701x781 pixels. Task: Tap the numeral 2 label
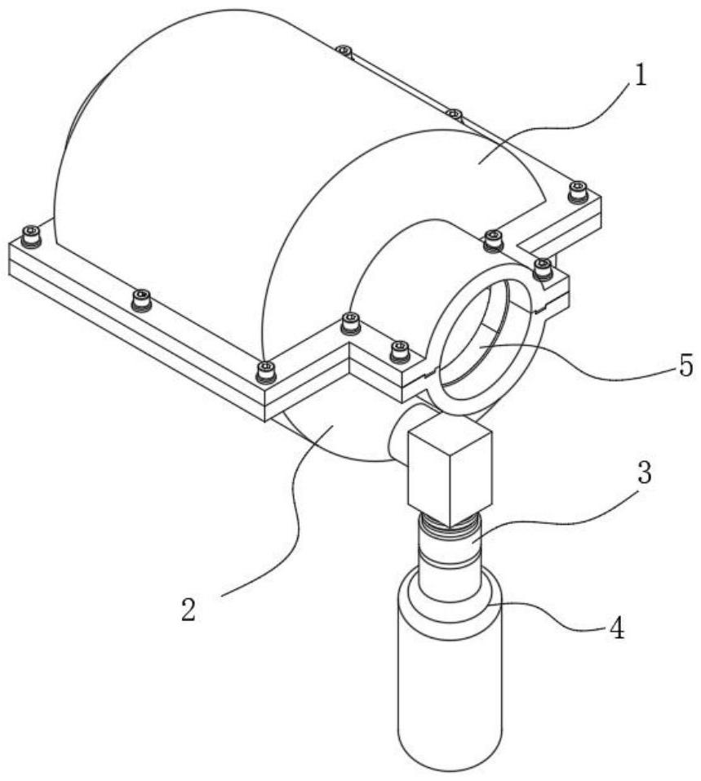189,609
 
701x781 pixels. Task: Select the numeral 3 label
644,473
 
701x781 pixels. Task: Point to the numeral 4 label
617,629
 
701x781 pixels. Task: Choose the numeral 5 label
685,366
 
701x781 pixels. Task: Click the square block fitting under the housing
450,471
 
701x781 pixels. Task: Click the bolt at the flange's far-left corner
31,235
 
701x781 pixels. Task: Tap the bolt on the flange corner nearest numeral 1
578,193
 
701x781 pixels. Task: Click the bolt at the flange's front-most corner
266,373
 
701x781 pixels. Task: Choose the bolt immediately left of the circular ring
400,351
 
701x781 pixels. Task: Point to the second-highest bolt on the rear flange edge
454,115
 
